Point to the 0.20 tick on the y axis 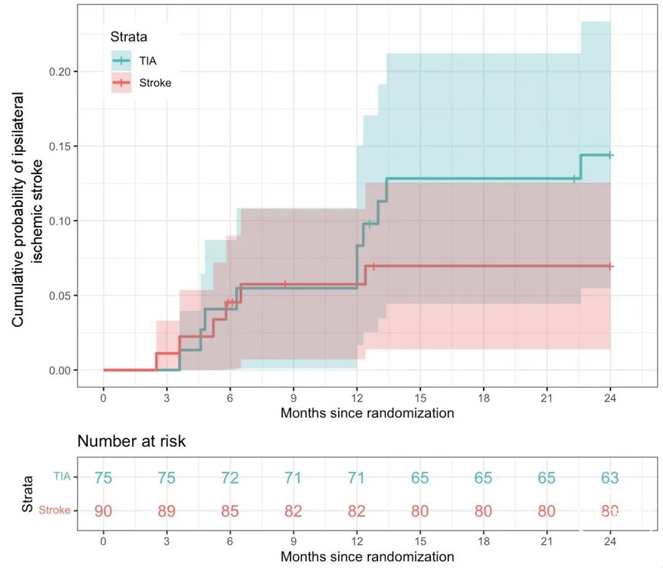pyautogui.click(x=60, y=72)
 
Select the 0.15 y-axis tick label pyautogui.click(x=60, y=147)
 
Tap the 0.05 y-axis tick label pyautogui.click(x=60, y=296)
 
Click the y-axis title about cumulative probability pyautogui.click(x=28, y=209)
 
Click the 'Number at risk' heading pyautogui.click(x=131, y=441)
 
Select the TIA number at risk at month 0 pyautogui.click(x=103, y=478)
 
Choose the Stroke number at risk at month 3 pyautogui.click(x=166, y=511)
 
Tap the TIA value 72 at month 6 pyautogui.click(x=230, y=478)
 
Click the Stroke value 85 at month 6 pyautogui.click(x=230, y=511)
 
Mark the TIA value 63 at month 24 pyautogui.click(x=610, y=478)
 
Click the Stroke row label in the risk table pyautogui.click(x=55, y=510)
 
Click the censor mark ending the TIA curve pyautogui.click(x=610, y=155)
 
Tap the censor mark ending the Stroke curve pyautogui.click(x=610, y=266)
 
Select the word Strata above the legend pyautogui.click(x=129, y=37)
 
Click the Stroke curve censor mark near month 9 pyautogui.click(x=285, y=284)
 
